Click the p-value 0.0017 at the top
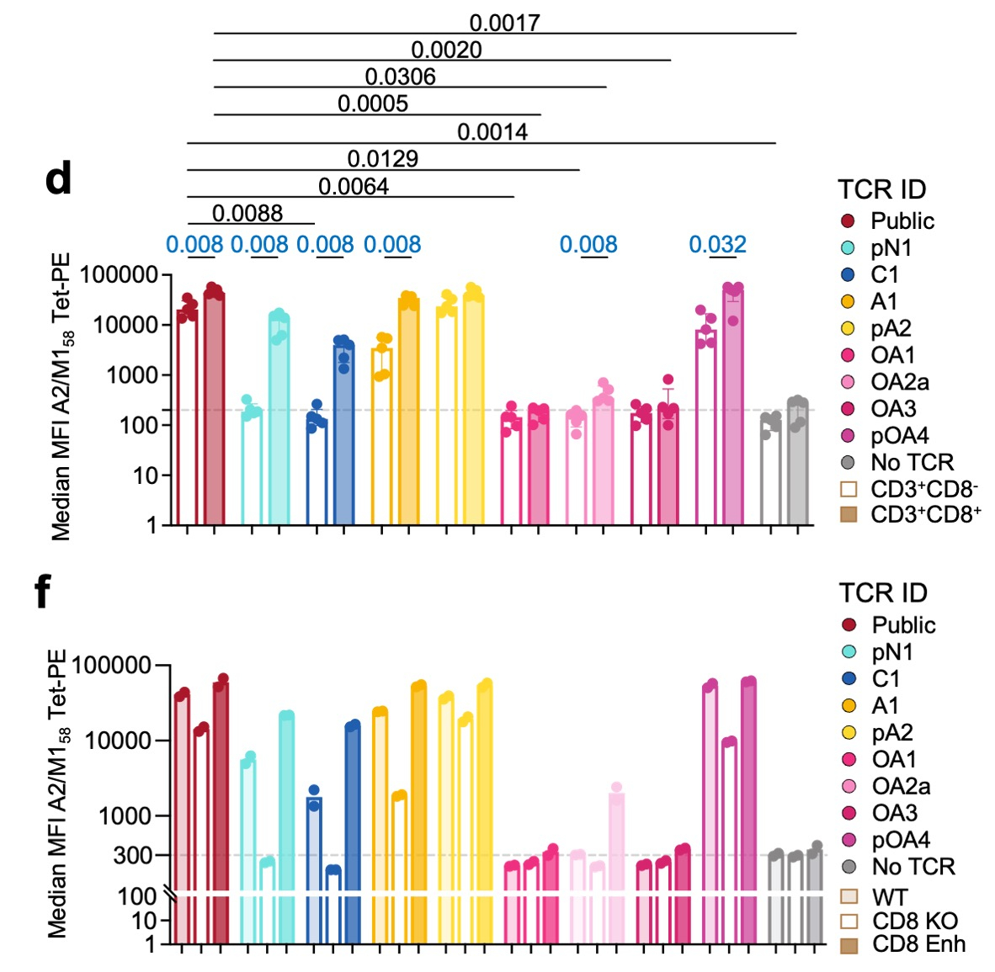click(x=504, y=23)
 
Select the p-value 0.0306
click(x=400, y=77)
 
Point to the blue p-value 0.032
click(x=717, y=245)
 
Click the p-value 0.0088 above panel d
click(x=247, y=213)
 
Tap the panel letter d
click(x=58, y=178)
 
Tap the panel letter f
click(x=42, y=592)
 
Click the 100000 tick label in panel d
click(x=119, y=275)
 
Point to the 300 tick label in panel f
click(x=133, y=856)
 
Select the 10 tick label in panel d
click(x=143, y=475)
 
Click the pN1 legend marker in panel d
click(x=848, y=248)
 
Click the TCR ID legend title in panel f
click(x=883, y=593)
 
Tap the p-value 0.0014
click(x=492, y=132)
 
